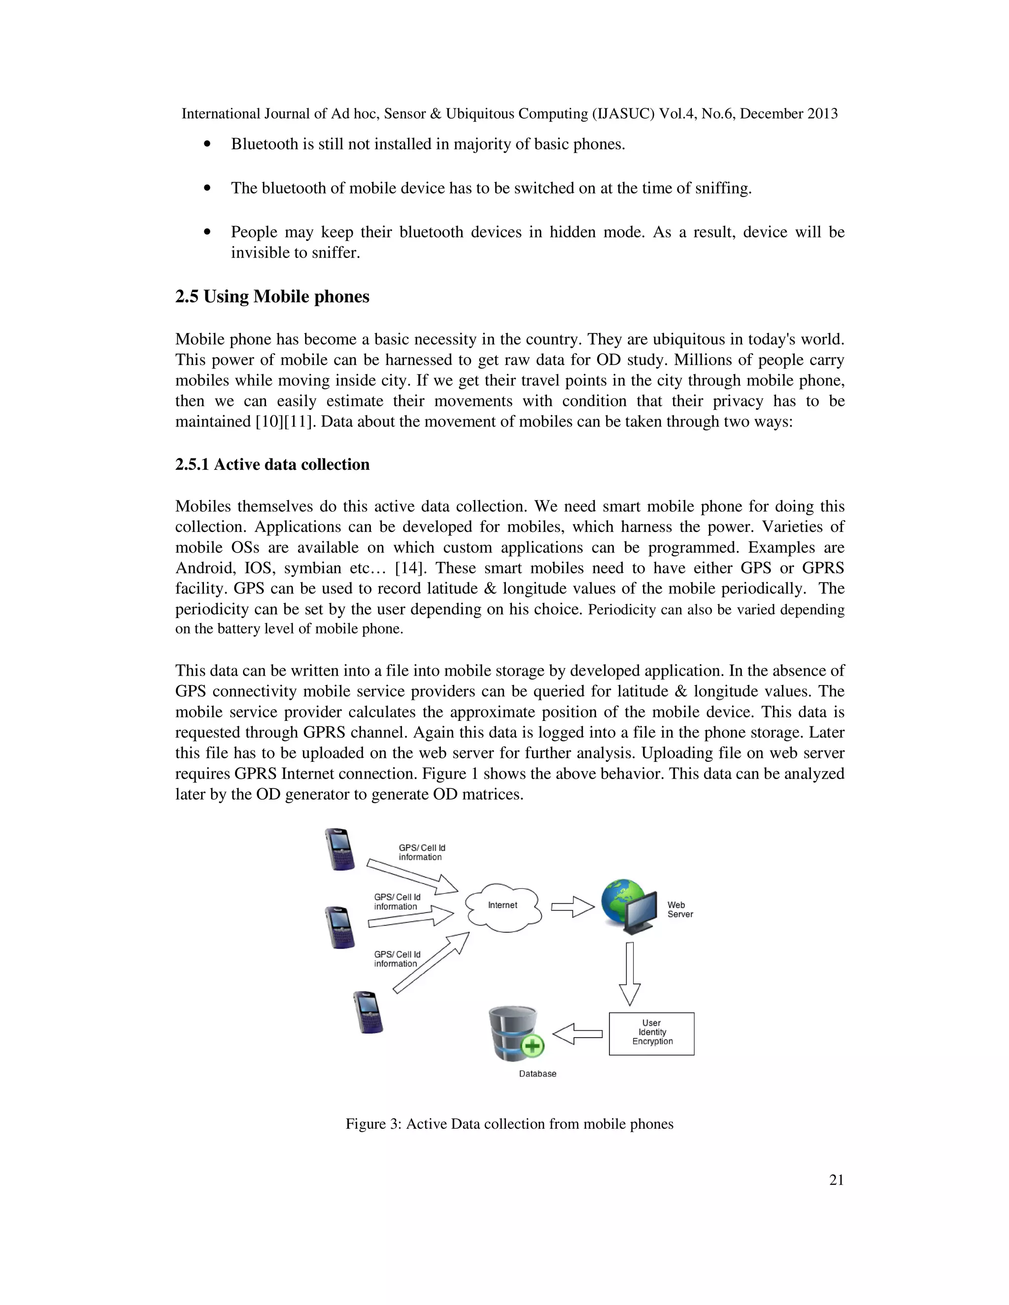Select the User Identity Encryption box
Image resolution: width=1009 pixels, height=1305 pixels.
click(x=651, y=1033)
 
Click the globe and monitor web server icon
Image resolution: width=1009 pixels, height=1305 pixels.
click(x=630, y=905)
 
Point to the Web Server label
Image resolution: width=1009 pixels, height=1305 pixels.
click(x=680, y=910)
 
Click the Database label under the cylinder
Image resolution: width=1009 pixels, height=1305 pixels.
click(x=538, y=1074)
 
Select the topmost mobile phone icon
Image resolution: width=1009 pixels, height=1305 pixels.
click(x=339, y=848)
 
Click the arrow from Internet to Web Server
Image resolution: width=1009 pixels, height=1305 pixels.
click(x=572, y=907)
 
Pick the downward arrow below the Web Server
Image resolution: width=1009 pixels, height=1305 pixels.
click(x=630, y=974)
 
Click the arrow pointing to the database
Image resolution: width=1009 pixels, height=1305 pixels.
click(x=577, y=1034)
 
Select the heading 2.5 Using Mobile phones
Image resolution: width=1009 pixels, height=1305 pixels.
click(x=272, y=296)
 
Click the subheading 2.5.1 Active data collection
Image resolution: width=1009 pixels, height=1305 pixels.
click(x=272, y=464)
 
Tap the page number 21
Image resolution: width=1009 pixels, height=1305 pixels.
click(x=836, y=1179)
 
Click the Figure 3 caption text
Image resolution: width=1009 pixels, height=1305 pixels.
click(x=509, y=1124)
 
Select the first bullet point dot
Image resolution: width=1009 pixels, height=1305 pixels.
click(x=207, y=144)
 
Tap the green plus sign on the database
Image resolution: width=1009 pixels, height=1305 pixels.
click(x=533, y=1045)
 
